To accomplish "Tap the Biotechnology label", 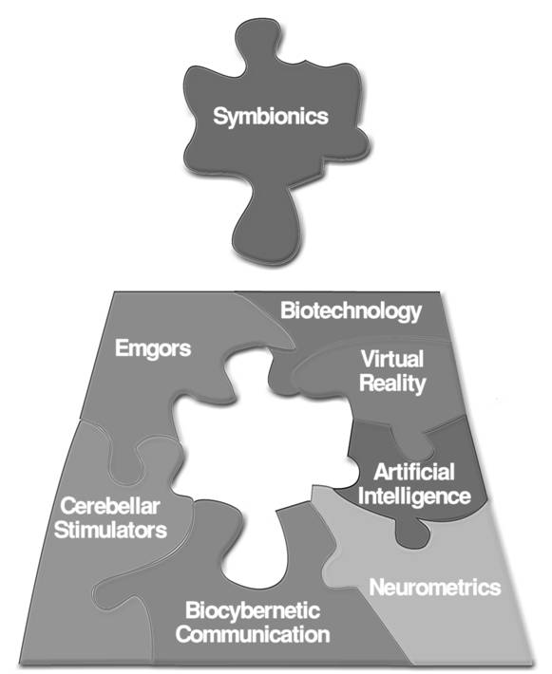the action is click(352, 311).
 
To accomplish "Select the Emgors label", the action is click(153, 348).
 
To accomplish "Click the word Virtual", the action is click(392, 359).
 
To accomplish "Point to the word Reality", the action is click(392, 384).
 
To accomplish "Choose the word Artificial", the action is click(414, 472).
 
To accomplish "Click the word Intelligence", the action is click(414, 496).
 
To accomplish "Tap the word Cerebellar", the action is click(110, 506).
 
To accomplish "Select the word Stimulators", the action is click(110, 530).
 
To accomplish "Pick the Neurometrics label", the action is click(435, 588).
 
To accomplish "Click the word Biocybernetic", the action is click(253, 610).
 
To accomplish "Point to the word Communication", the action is click(253, 635).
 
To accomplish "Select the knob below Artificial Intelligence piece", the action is click(412, 533).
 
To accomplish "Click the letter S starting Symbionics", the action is click(220, 116).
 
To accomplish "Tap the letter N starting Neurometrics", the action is click(377, 588).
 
